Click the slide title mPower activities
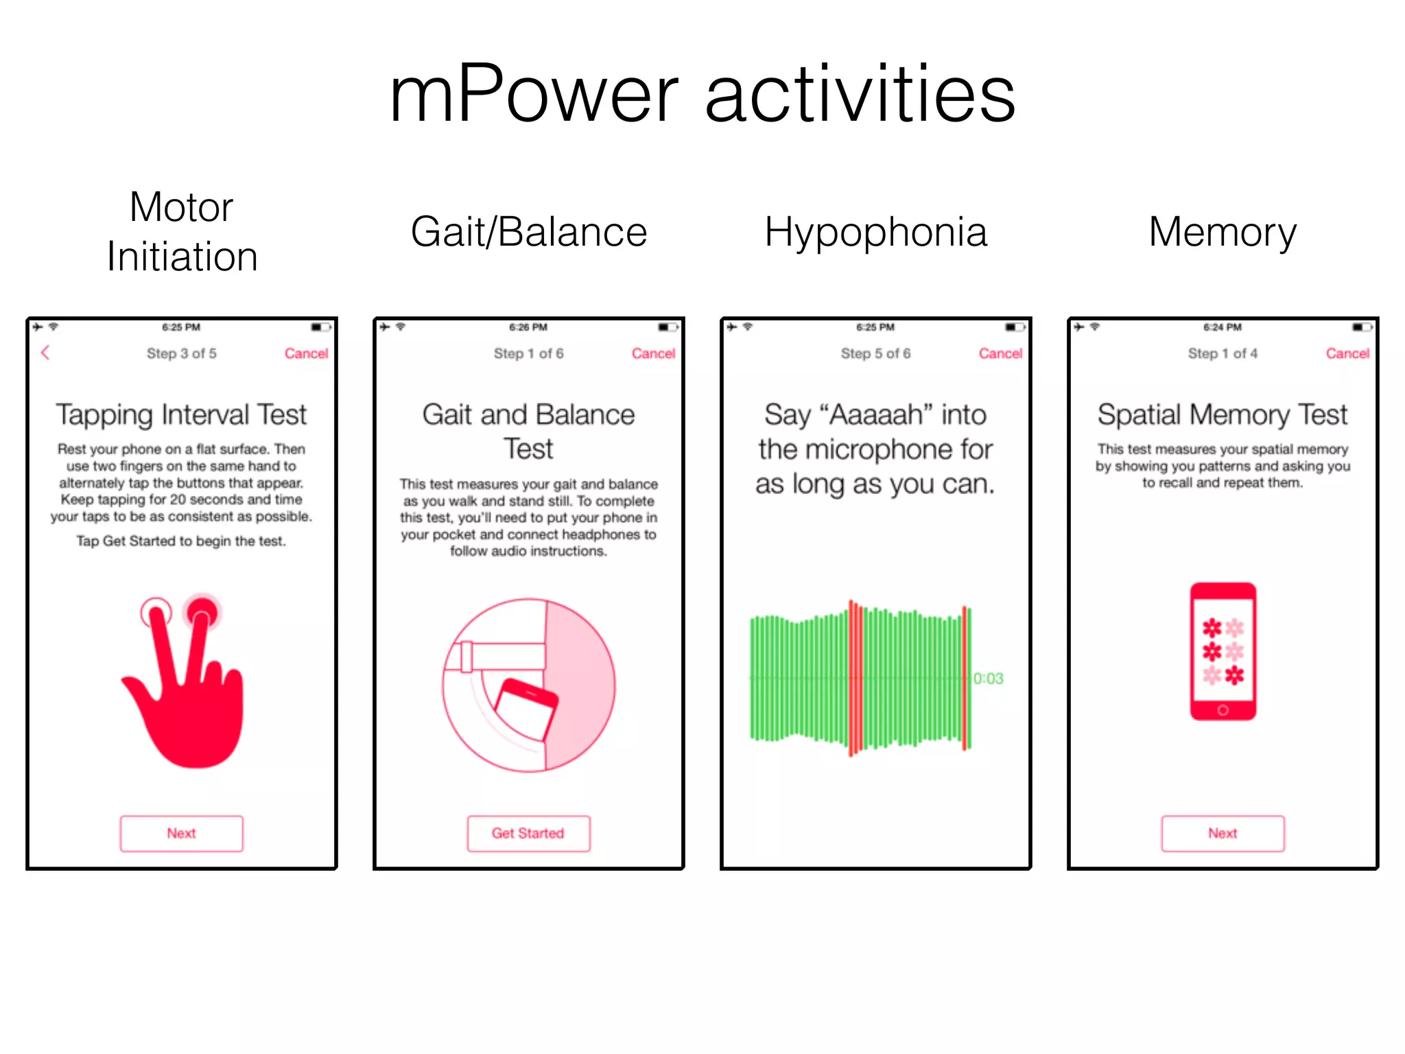[702, 94]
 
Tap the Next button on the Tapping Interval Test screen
[181, 833]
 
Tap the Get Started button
[528, 833]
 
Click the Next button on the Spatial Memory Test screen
[1223, 833]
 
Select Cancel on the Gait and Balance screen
[653, 353]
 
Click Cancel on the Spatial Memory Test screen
[1347, 353]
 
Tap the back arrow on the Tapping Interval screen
[45, 353]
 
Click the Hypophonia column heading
[876, 232]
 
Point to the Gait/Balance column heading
[529, 232]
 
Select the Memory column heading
[1223, 232]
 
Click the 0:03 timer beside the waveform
[989, 679]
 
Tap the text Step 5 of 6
[875, 353]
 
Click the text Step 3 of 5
[181, 353]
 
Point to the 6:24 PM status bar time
[1223, 327]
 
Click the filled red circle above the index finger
[202, 609]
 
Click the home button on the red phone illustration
[1223, 710]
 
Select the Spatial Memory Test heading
[1223, 414]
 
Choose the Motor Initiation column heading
[182, 232]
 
